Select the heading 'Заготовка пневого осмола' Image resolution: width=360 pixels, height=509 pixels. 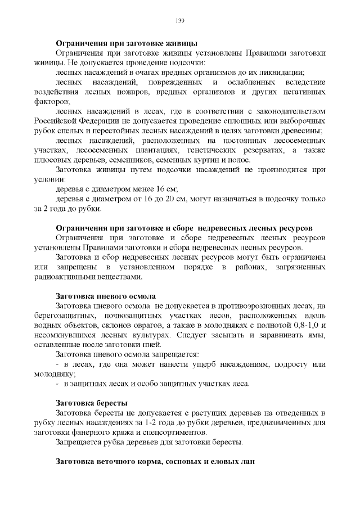tap(105, 296)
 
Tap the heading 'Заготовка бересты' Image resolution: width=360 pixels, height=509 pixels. tap(91, 403)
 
